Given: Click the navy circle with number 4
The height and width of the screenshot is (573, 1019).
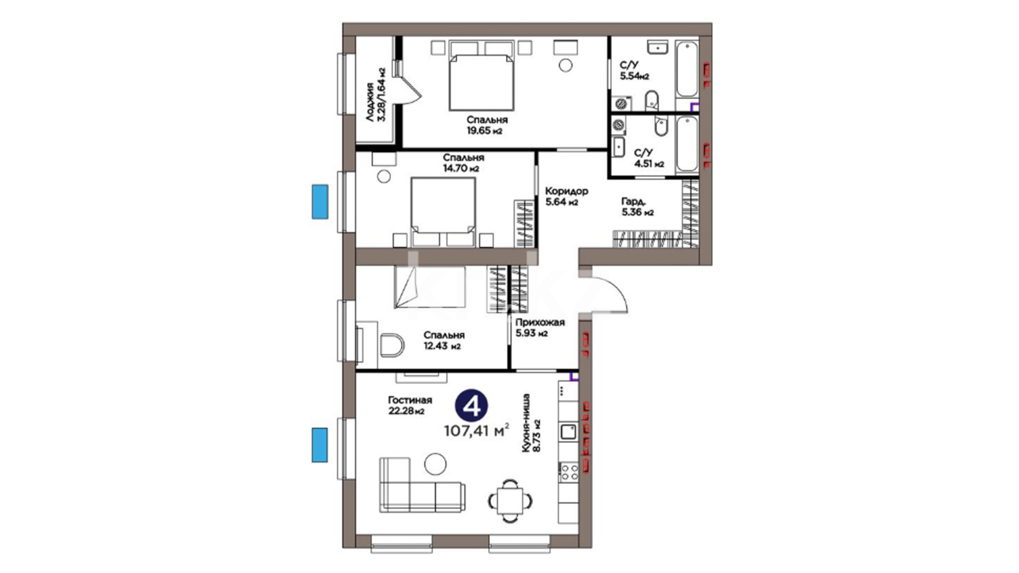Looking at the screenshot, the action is point(471,406).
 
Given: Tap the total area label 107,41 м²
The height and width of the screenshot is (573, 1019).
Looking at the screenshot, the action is point(477,430).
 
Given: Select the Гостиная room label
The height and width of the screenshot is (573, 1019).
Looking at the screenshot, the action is point(410,400).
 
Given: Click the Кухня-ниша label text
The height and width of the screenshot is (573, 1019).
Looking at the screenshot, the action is point(526,423).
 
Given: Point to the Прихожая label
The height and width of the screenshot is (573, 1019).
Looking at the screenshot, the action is point(540,322).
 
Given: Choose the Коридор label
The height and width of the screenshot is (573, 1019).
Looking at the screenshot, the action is point(566,191).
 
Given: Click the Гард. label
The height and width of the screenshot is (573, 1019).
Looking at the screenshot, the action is point(634,201).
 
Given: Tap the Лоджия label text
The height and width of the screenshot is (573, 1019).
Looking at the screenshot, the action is point(370,102).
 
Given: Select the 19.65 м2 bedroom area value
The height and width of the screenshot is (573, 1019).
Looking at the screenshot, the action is point(484,131).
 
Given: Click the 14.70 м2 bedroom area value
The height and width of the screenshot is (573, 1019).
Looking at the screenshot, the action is point(461,169).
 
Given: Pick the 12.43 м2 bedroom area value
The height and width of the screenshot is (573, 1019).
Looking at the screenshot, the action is point(442,346).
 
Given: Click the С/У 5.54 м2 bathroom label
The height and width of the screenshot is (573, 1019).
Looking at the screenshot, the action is point(634,71).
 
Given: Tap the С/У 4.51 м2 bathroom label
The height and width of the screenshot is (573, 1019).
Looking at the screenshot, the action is point(649,158).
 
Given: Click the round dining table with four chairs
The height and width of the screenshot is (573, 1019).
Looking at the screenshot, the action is point(510,500).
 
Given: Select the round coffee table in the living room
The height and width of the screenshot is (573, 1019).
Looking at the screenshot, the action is point(435,464).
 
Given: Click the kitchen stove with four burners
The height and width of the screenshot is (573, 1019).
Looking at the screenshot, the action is point(568,472).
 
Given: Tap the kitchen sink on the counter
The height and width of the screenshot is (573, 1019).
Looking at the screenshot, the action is point(568,431).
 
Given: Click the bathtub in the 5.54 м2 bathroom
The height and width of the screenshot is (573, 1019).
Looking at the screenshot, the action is point(687,69).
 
